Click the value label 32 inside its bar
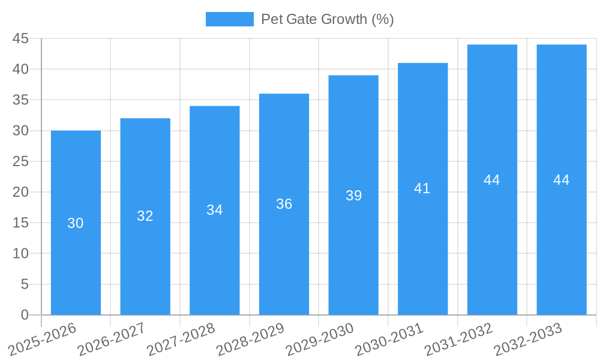pos(145,216)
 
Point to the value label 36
pos(284,204)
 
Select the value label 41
pos(422,188)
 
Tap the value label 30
pos(76,223)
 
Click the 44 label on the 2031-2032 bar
pos(492,180)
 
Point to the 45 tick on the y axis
pos(21,38)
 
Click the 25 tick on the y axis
pos(21,161)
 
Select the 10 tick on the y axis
pos(21,254)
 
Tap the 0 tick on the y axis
pos(25,315)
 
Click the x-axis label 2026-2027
pos(112,340)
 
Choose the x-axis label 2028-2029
pos(250,340)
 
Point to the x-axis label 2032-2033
pos(528,340)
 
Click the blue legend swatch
pos(229,19)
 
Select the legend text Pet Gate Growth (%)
pos(327,19)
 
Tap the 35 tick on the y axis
pos(21,100)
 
